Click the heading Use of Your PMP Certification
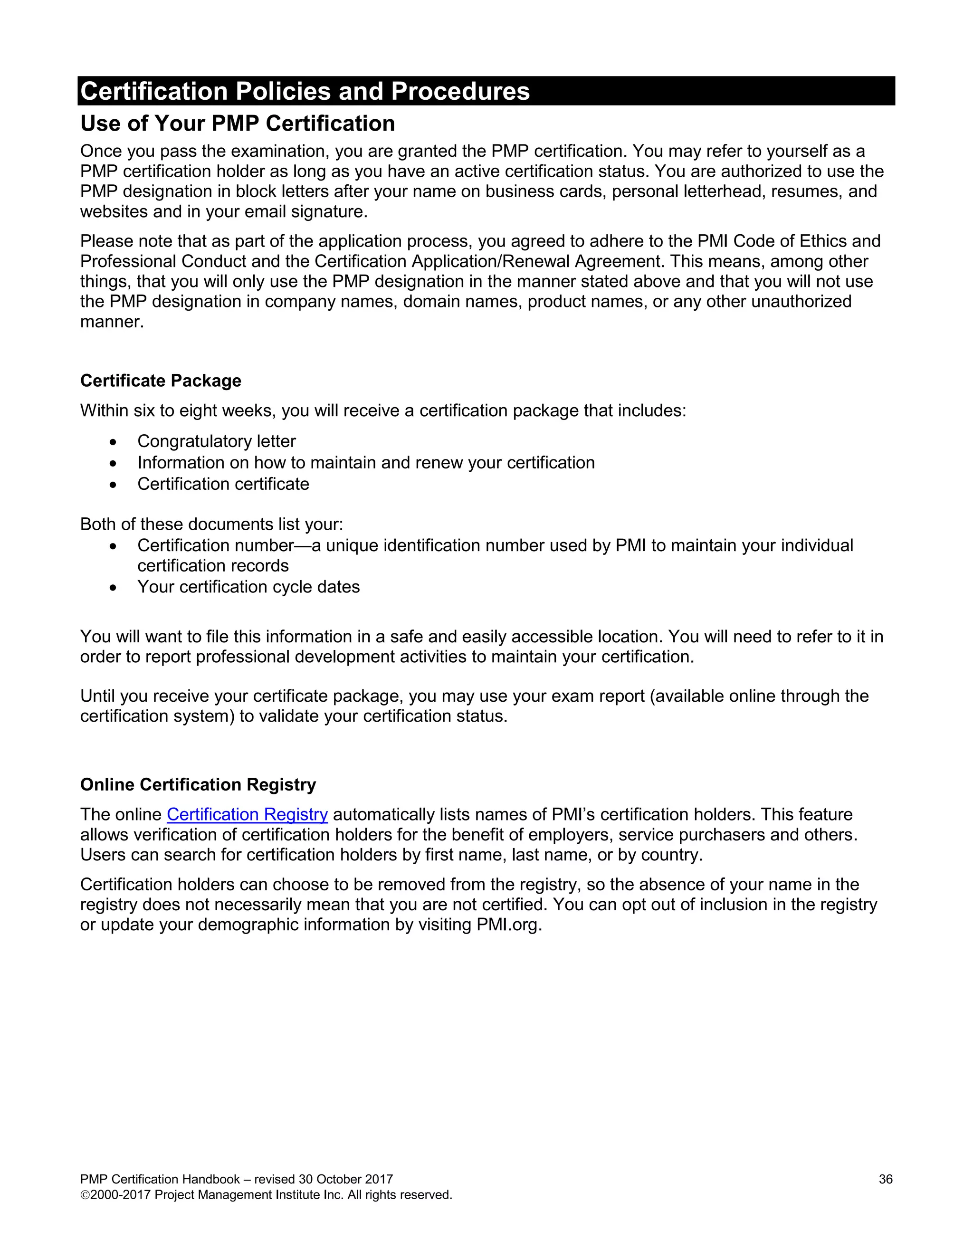click(238, 124)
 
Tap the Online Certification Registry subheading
click(198, 784)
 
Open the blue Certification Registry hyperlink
click(247, 814)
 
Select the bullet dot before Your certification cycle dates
click(113, 587)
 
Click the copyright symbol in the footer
click(84, 1195)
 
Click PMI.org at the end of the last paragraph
click(508, 925)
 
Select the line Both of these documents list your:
click(211, 524)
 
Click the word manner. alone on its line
click(112, 322)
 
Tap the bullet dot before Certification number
click(113, 546)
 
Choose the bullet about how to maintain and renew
click(365, 462)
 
